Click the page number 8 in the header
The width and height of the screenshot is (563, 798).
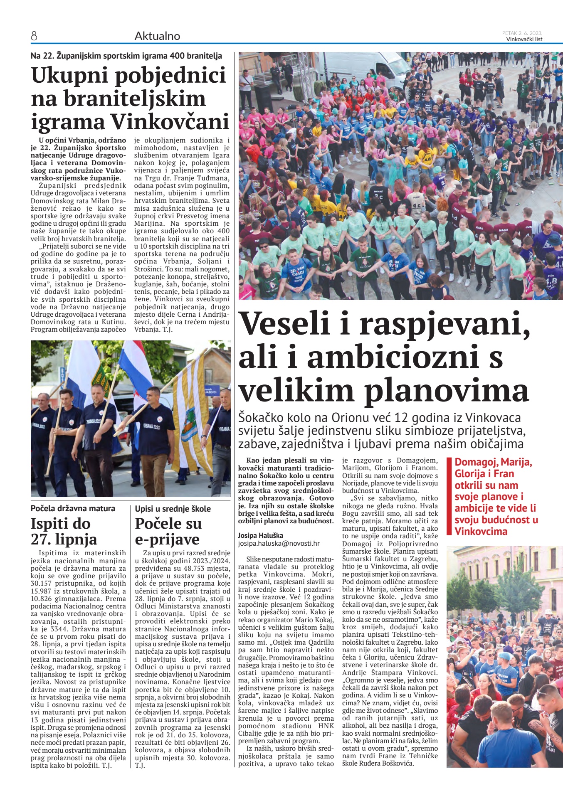(34, 37)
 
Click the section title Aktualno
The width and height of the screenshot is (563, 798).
(157, 36)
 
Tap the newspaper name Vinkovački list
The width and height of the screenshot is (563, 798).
(524, 39)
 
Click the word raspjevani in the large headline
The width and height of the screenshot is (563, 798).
(444, 324)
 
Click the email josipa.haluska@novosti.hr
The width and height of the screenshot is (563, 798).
(279, 543)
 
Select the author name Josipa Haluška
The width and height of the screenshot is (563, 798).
(260, 535)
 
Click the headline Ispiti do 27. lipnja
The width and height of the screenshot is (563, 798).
(64, 532)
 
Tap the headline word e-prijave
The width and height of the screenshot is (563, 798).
(167, 539)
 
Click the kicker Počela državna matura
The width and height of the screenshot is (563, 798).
(73, 508)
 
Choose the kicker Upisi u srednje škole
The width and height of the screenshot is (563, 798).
(173, 509)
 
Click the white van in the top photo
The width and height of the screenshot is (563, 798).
(366, 66)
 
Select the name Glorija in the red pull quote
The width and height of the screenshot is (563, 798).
(468, 474)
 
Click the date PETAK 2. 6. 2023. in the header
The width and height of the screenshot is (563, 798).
(522, 33)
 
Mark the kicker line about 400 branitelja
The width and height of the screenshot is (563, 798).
(126, 56)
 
